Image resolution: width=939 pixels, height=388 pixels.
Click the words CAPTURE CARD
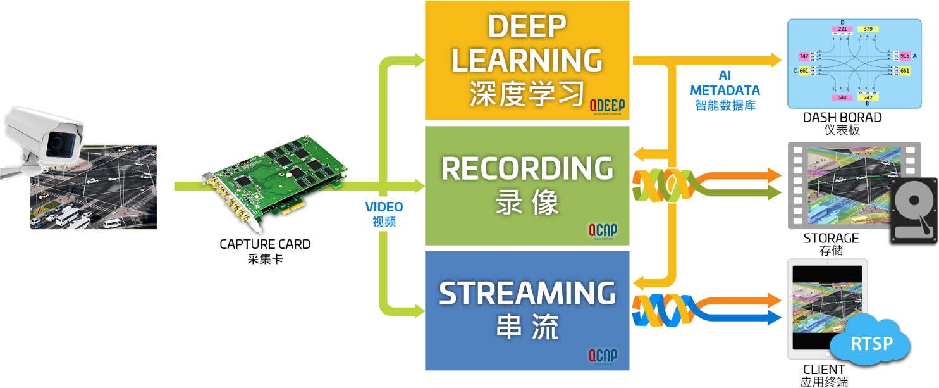pos(265,244)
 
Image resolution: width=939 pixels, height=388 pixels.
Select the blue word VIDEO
pos(384,207)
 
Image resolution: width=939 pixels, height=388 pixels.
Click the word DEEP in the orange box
pos(526,27)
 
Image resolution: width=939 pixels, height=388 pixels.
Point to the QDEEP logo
pos(606,106)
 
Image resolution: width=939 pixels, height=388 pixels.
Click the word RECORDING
pos(527,168)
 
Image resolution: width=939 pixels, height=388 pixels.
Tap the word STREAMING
pos(527,294)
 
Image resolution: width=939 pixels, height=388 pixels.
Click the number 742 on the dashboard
pos(804,56)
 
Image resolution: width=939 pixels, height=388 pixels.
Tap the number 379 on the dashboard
pos(868,28)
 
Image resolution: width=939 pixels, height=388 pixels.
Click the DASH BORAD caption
pos(842,118)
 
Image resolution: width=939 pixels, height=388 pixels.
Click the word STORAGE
pos(831,239)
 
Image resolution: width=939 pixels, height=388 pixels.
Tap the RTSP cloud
pos(871,344)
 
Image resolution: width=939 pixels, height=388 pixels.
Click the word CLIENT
pos(823,369)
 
